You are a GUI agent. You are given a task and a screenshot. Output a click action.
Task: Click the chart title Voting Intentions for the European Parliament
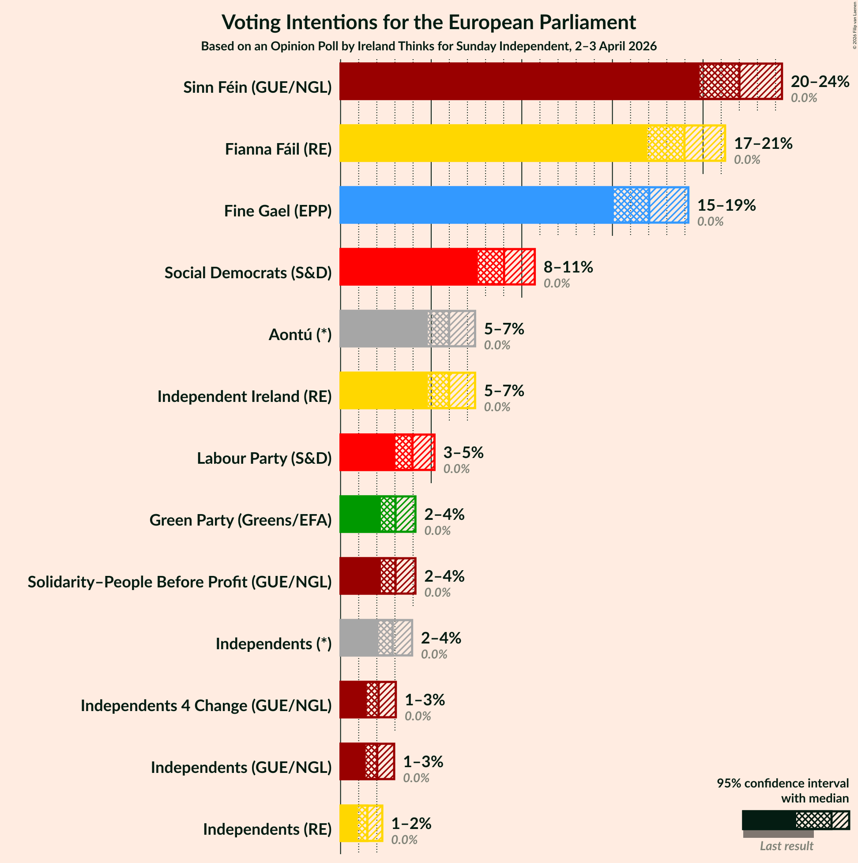pos(429,23)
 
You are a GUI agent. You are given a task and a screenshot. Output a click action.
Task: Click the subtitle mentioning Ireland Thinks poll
pos(429,46)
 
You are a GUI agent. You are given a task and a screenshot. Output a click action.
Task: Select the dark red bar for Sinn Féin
pos(518,81)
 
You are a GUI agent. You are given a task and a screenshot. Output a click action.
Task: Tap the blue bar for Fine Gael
pos(475,205)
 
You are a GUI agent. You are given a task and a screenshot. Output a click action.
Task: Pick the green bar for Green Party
pos(360,514)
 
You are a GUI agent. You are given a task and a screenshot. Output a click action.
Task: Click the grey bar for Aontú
pos(384,329)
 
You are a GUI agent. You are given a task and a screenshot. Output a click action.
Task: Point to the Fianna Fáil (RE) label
pos(278,149)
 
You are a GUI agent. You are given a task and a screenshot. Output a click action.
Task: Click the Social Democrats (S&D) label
pos(248,273)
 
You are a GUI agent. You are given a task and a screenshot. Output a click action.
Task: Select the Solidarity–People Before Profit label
pos(180,582)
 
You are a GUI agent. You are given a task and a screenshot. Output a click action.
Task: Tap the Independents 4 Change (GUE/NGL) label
pos(206,705)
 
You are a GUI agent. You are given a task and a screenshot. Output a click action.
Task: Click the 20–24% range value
pos(820,81)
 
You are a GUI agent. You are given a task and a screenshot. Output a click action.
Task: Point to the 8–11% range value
pos(568,267)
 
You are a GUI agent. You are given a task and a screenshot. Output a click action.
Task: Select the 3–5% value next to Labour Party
pos(463,453)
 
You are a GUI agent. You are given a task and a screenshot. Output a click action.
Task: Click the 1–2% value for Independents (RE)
pos(411,823)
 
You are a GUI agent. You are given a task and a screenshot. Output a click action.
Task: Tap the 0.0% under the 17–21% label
pos(747,159)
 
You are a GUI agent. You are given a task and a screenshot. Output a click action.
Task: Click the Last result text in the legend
pos(786,846)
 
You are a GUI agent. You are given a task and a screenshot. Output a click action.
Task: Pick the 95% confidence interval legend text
pos(783,791)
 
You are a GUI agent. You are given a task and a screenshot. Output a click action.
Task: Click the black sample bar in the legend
pos(768,820)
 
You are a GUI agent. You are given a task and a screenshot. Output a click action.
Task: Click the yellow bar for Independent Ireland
pos(384,390)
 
